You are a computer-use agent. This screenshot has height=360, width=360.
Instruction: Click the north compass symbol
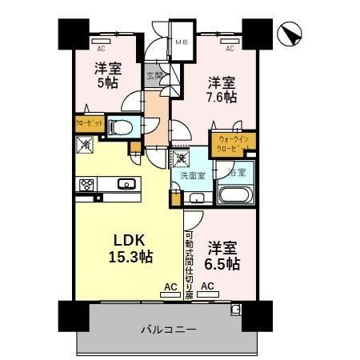tap(290, 34)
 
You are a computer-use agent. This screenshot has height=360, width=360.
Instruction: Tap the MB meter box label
tap(181, 42)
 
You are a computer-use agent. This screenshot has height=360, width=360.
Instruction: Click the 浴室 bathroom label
tap(238, 171)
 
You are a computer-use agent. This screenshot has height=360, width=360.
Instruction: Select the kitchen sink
tap(126, 184)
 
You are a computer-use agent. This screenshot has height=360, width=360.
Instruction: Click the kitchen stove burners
tap(86, 186)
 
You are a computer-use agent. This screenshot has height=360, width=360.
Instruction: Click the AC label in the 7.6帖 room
tap(230, 48)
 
